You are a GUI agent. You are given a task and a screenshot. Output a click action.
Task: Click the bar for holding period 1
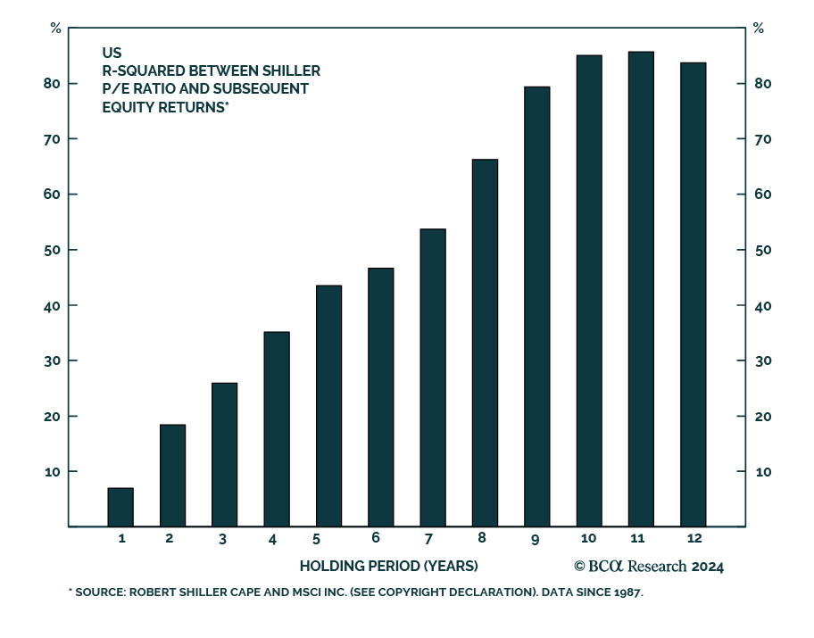click(120, 507)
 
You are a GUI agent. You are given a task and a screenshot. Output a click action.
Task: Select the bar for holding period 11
click(641, 289)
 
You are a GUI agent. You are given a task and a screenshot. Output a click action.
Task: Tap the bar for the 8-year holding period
click(485, 343)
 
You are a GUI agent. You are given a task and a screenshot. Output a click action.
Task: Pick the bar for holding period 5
click(328, 406)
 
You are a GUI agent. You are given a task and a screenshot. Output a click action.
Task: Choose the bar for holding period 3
click(224, 454)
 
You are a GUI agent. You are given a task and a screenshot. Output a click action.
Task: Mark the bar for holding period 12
click(693, 294)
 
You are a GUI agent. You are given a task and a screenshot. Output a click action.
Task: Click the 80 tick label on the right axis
click(760, 84)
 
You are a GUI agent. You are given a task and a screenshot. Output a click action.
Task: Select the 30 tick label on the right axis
click(760, 361)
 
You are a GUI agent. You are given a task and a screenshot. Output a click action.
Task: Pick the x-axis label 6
click(376, 538)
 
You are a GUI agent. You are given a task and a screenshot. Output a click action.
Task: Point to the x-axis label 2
click(170, 538)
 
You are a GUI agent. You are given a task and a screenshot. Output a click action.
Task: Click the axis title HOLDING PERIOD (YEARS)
click(388, 567)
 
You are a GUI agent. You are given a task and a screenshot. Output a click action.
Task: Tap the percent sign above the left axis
click(55, 28)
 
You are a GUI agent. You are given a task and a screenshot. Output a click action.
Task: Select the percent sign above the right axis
click(759, 28)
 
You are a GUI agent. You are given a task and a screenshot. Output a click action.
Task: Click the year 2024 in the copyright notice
click(707, 567)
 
